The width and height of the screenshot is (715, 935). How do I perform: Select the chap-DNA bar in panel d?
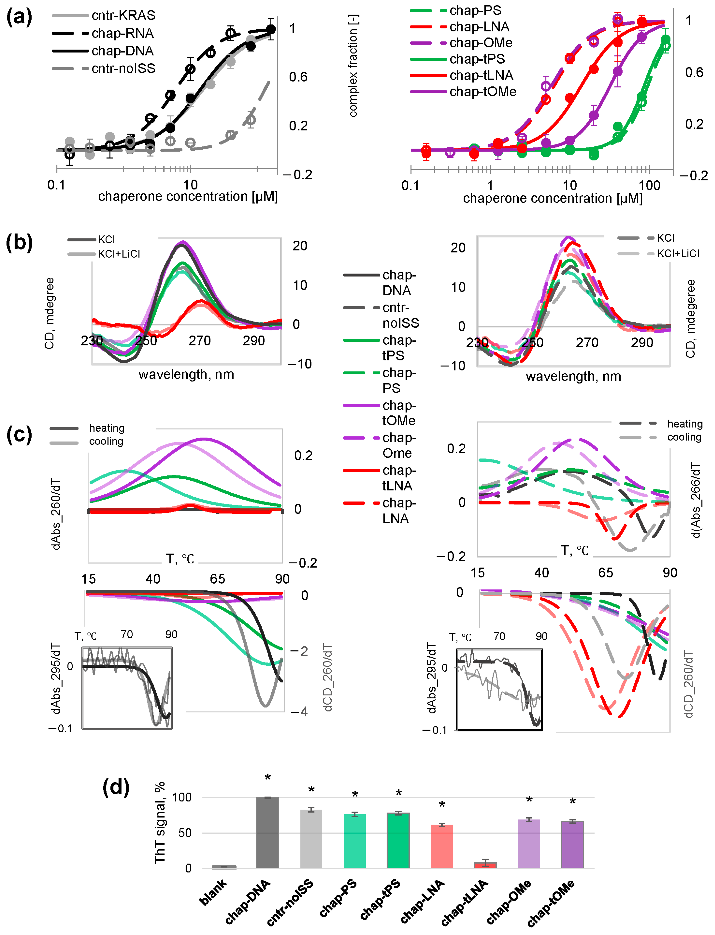point(267,832)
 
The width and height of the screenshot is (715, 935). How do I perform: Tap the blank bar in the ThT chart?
point(224,866)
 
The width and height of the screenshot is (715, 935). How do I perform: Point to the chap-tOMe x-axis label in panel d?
point(551,903)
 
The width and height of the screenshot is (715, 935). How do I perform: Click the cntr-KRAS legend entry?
point(124,15)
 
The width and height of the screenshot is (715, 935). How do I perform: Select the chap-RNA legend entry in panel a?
point(123,33)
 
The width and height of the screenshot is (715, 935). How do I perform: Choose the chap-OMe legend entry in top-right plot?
point(481,42)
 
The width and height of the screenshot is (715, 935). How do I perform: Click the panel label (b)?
point(19,243)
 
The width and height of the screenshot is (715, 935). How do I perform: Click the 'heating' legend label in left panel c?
point(106,428)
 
